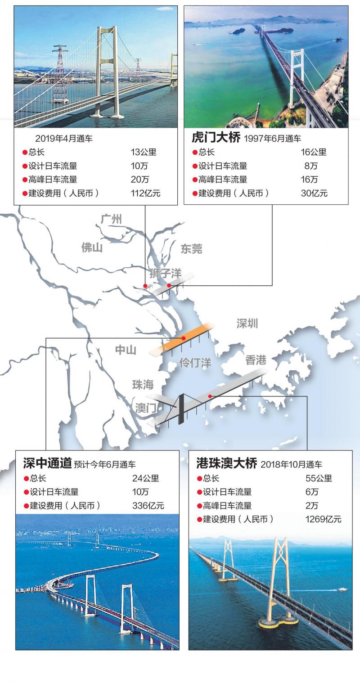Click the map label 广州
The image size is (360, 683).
click(x=111, y=220)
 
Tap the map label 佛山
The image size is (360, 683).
click(x=92, y=247)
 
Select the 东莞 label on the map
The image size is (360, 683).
click(x=191, y=249)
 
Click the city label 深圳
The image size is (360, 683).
click(x=247, y=324)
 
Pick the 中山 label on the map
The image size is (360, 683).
click(x=126, y=350)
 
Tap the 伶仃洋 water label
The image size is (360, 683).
click(x=195, y=363)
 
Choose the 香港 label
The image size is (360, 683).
click(x=256, y=360)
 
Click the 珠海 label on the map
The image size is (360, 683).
click(x=143, y=385)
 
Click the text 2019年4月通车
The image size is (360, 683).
click(x=64, y=139)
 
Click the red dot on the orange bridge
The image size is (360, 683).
click(x=183, y=338)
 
